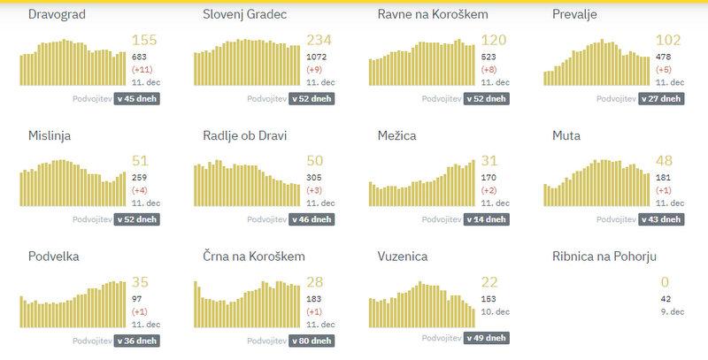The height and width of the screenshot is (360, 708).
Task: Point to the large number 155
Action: point(143,40)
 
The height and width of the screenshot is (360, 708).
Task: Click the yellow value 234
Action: point(318,40)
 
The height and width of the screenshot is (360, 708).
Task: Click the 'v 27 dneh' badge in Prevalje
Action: point(661,98)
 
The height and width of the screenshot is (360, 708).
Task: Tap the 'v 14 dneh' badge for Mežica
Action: point(486,218)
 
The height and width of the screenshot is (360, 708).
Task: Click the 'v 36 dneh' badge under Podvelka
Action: point(136,340)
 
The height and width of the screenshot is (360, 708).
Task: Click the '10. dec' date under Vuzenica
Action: point(496,311)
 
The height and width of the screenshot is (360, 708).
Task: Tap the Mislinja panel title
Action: point(50,136)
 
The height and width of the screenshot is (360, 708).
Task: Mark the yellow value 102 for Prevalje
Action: point(668,40)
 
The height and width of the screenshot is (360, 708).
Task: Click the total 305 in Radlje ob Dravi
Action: point(314,178)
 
